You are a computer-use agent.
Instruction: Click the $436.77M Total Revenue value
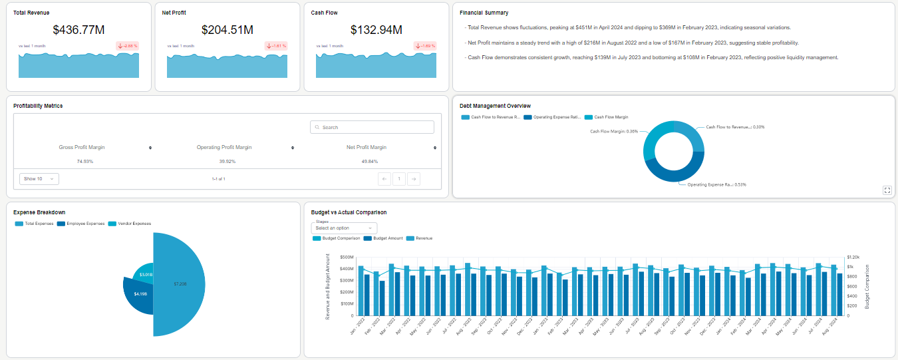click(x=78, y=29)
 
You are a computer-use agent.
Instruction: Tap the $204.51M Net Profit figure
click(x=227, y=29)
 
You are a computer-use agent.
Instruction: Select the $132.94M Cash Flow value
click(x=376, y=29)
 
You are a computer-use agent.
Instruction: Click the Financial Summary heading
click(x=484, y=13)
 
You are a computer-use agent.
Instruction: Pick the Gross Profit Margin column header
click(x=82, y=147)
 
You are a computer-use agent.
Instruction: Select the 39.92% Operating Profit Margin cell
click(x=227, y=161)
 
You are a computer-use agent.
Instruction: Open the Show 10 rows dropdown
click(x=39, y=178)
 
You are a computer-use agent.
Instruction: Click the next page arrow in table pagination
click(x=413, y=178)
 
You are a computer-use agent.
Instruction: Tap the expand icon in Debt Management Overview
click(x=887, y=190)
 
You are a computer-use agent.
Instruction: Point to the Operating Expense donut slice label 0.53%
click(x=716, y=184)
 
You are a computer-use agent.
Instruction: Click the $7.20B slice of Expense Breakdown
click(x=180, y=283)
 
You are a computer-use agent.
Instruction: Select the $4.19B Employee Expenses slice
click(x=140, y=293)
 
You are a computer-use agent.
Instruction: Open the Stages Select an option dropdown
click(x=344, y=228)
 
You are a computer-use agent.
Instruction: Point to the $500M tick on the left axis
click(x=347, y=257)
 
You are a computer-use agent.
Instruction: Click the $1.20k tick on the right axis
click(x=853, y=257)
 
